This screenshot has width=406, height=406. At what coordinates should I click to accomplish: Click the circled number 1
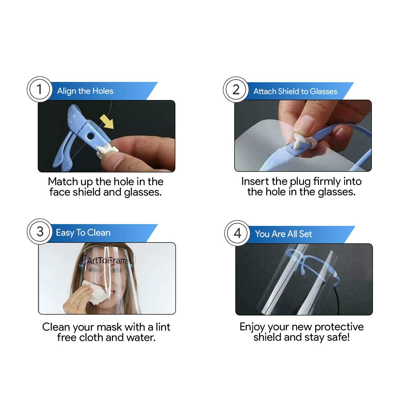[x=39, y=89]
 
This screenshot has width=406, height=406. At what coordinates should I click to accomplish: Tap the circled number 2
[x=236, y=89]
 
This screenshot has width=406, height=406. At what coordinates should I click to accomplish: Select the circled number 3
[x=39, y=231]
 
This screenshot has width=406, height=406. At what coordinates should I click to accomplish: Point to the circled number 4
[x=237, y=233]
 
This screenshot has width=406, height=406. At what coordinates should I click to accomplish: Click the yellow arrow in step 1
[x=107, y=122]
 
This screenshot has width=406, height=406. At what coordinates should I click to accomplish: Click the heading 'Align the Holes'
[x=85, y=91]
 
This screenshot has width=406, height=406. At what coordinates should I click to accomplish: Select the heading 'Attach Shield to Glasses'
[x=295, y=91]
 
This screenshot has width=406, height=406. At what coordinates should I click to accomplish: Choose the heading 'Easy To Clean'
[x=83, y=233]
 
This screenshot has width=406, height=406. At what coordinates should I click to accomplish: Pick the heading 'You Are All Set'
[x=283, y=234]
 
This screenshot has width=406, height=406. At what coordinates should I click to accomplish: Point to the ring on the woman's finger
[x=76, y=304]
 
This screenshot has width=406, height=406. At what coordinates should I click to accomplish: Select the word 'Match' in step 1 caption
[x=63, y=182]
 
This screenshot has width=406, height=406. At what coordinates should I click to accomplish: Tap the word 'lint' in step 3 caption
[x=163, y=327]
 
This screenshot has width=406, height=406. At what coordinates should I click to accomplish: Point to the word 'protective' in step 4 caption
[x=339, y=327]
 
